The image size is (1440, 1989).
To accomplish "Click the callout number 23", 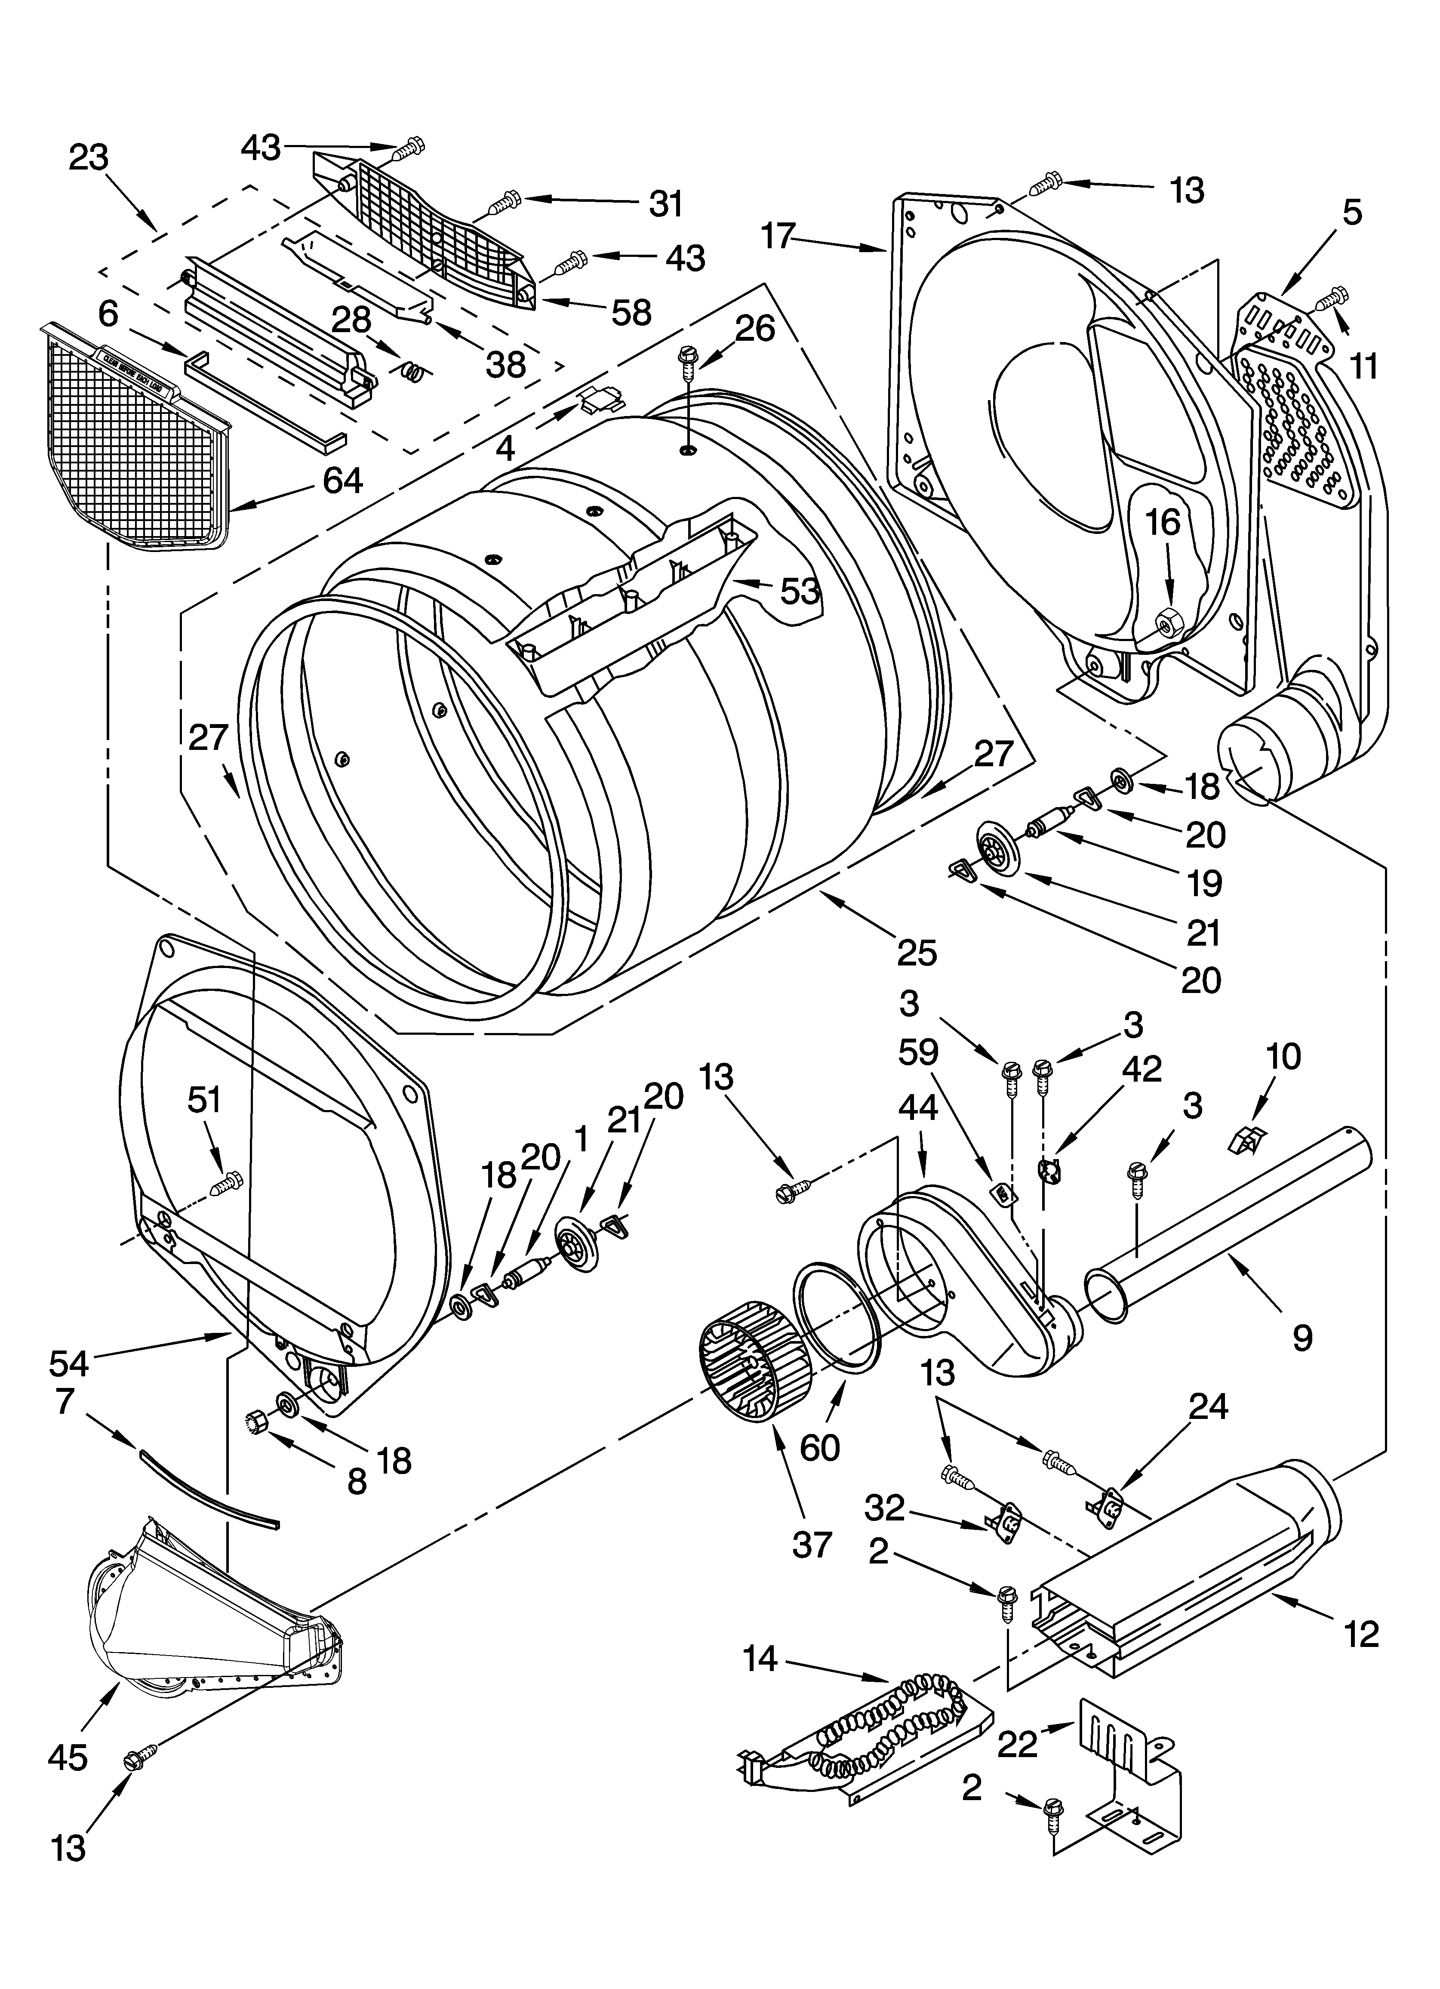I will [x=89, y=158].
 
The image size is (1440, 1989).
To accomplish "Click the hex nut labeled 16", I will [x=1167, y=626].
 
